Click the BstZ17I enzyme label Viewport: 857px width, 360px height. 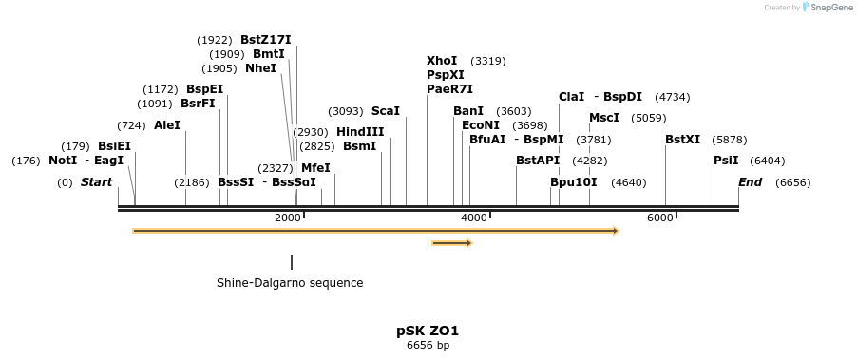[x=266, y=40]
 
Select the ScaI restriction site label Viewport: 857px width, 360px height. [x=386, y=111]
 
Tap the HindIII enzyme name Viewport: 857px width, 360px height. [x=360, y=132]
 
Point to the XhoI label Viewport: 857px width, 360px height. [x=442, y=61]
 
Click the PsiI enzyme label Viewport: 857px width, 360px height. [x=726, y=161]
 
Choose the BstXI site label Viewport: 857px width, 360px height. [x=682, y=140]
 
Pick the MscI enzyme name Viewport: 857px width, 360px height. [x=604, y=118]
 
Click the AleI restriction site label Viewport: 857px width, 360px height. [x=166, y=125]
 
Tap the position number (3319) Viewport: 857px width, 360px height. [x=488, y=61]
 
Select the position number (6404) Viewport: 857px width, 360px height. [x=768, y=161]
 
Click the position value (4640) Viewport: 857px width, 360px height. [x=629, y=183]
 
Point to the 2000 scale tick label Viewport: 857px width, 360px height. [x=288, y=218]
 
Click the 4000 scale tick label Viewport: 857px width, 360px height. [x=473, y=218]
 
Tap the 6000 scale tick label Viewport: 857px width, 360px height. [x=659, y=218]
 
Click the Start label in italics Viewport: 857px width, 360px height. [x=96, y=182]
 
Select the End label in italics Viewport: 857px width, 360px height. [x=750, y=182]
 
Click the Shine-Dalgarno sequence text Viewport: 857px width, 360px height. [x=290, y=283]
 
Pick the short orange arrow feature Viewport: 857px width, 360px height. [x=452, y=243]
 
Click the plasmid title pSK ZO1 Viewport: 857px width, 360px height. [x=428, y=332]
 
